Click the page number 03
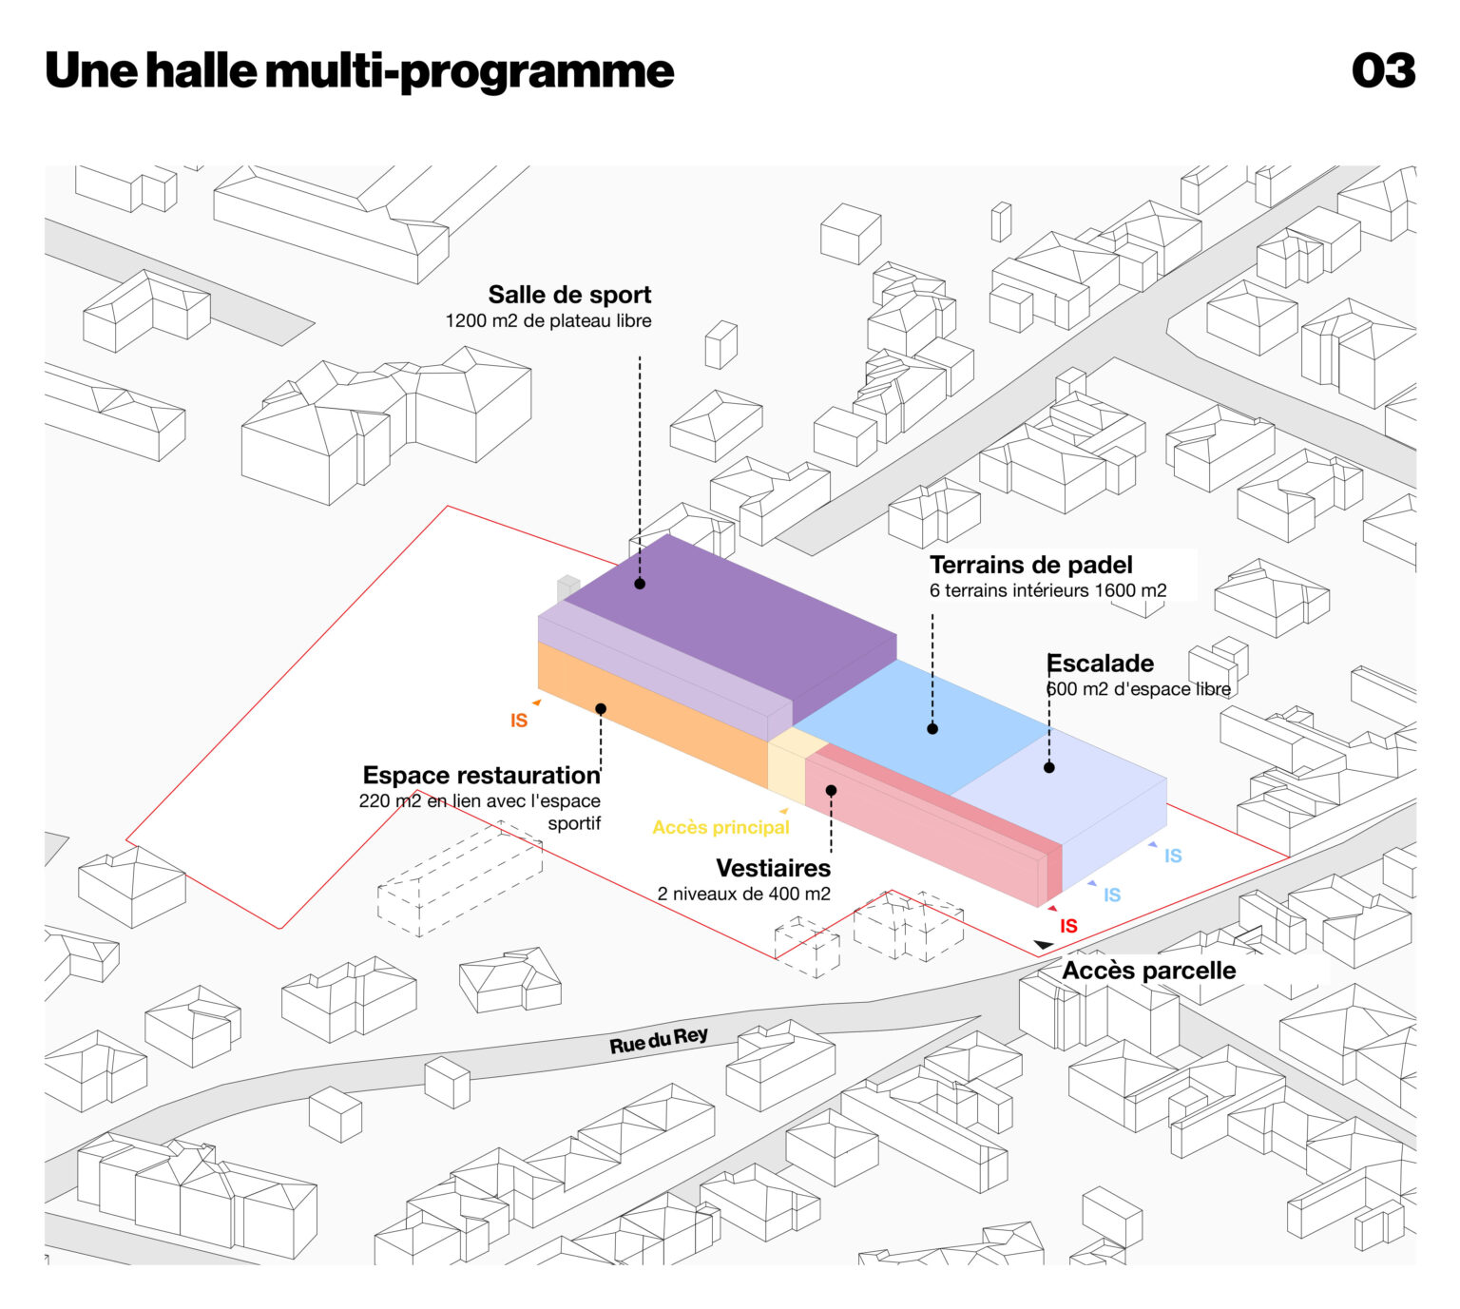pos(1383,71)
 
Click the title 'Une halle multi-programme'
pos(359,71)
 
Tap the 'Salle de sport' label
pos(569,295)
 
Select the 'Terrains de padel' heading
pos(1030,565)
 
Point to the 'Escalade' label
pos(1100,664)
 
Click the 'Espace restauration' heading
pos(481,775)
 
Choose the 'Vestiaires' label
pos(773,868)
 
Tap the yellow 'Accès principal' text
pos(720,827)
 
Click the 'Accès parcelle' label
pos(1148,971)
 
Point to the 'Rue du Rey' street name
pos(659,1041)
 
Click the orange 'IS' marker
pos(519,721)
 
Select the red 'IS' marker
pos(1068,926)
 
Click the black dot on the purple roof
pos(640,584)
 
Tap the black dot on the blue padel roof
pos(932,729)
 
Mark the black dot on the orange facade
pos(601,709)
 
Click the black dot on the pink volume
pos(831,790)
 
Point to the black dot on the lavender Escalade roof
pos(1049,767)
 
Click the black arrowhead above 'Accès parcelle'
pos(1044,944)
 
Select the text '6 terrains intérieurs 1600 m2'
pos(1047,590)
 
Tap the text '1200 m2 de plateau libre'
pos(548,321)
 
